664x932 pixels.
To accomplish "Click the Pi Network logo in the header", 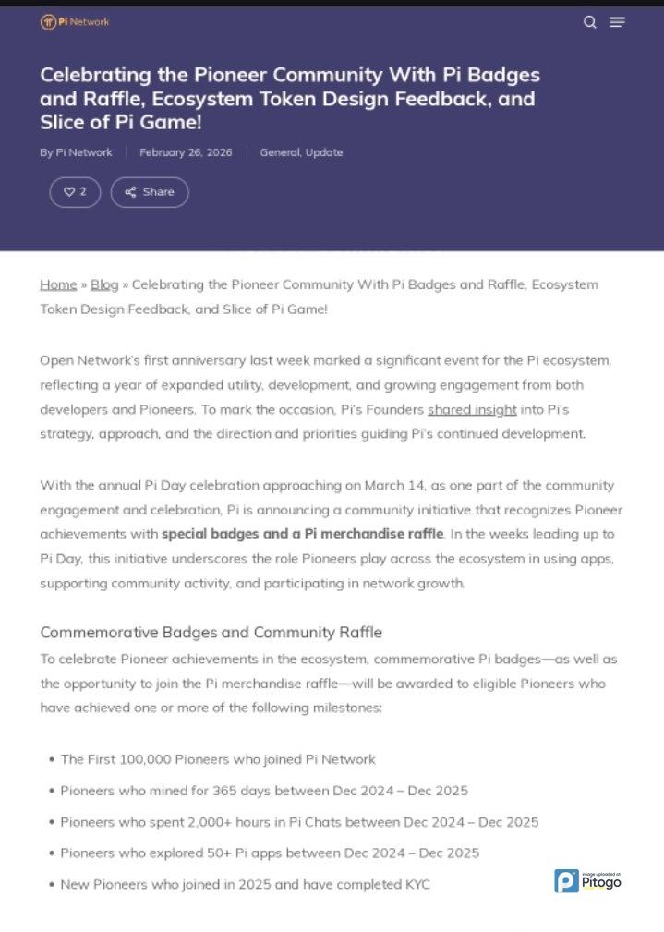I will tap(75, 21).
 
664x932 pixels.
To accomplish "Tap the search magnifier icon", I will tap(590, 22).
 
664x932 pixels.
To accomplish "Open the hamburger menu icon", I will tap(617, 22).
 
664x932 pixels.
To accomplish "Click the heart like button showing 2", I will tap(75, 192).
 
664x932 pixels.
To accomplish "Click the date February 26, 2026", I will tap(186, 152).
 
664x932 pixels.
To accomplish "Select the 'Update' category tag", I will tap(324, 152).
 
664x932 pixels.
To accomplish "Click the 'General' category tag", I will tap(280, 152).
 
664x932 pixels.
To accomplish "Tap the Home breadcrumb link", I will tap(58, 284).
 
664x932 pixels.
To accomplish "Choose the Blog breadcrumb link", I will tap(104, 284).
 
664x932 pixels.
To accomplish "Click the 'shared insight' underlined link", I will tap(472, 409).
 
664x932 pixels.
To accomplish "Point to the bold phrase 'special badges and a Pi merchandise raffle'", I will tap(303, 534).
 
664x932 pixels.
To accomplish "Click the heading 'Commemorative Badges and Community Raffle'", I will tap(211, 633).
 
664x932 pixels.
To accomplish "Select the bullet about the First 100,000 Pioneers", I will tap(218, 759).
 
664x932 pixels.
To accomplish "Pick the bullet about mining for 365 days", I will tap(264, 791).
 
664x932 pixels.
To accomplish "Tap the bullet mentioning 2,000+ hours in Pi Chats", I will tap(299, 822).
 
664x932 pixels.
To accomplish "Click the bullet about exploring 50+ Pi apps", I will tap(270, 853).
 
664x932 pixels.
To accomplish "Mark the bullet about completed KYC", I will tap(245, 884).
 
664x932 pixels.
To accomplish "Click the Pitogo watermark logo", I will tap(587, 881).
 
